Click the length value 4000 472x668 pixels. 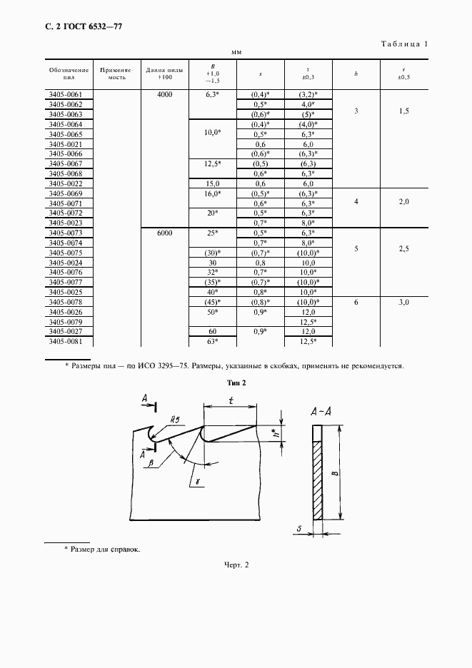164,94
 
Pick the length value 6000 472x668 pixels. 164,233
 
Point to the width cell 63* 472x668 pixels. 211,341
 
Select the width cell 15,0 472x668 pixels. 211,183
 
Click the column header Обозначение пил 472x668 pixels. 69,73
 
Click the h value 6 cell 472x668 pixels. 356,303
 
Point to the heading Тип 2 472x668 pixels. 236,383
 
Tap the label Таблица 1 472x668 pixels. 403,44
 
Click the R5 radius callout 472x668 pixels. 169,420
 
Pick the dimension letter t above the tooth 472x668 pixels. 231,400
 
